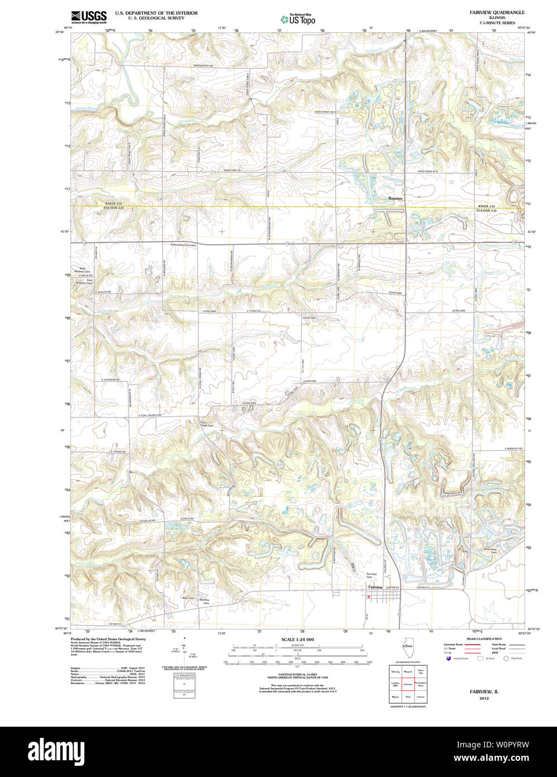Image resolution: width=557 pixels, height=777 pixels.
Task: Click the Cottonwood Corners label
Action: click(183, 245)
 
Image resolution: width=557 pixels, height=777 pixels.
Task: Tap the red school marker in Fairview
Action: click(369, 596)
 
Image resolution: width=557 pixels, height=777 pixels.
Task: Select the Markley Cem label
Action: click(204, 601)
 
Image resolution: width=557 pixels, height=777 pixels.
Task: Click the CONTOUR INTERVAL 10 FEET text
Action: click(297, 674)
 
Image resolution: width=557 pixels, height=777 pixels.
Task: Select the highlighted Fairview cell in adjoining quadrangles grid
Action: click(407, 684)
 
